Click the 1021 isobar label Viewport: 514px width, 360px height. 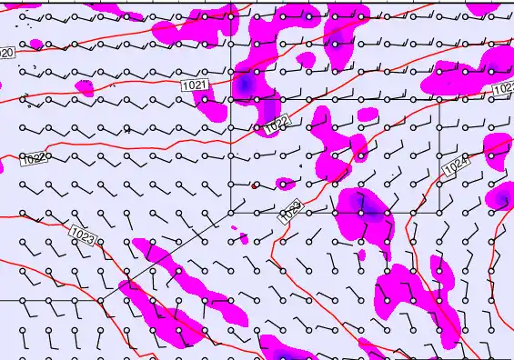click(x=195, y=85)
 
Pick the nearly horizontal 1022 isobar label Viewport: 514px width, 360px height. click(x=34, y=158)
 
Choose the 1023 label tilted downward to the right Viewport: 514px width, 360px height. click(x=82, y=236)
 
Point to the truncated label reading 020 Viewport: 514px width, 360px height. click(x=6, y=53)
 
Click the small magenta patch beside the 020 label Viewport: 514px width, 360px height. click(x=35, y=44)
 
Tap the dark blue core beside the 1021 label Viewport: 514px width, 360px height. click(x=245, y=85)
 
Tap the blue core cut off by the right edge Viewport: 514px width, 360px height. click(x=504, y=197)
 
